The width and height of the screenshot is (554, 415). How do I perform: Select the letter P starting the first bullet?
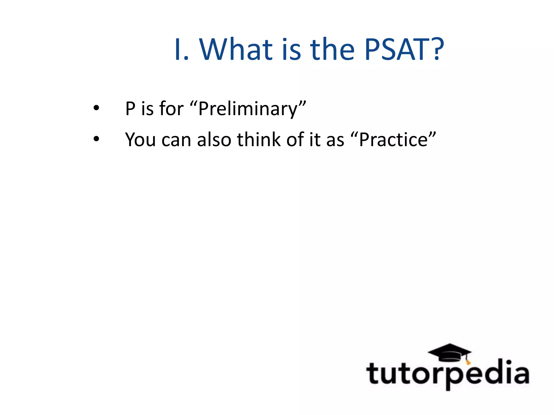[130, 109]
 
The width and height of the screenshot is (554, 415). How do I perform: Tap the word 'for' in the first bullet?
[172, 109]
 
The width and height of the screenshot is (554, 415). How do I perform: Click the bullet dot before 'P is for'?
[96, 108]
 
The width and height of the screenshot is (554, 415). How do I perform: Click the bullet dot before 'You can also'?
[96, 139]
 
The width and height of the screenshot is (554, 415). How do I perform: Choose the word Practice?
[393, 140]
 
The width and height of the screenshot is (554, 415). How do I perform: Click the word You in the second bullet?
[140, 140]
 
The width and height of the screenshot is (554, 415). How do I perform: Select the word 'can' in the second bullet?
[176, 140]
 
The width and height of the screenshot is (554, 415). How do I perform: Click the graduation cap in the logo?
[450, 352]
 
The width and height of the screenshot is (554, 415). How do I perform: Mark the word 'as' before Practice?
[335, 140]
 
